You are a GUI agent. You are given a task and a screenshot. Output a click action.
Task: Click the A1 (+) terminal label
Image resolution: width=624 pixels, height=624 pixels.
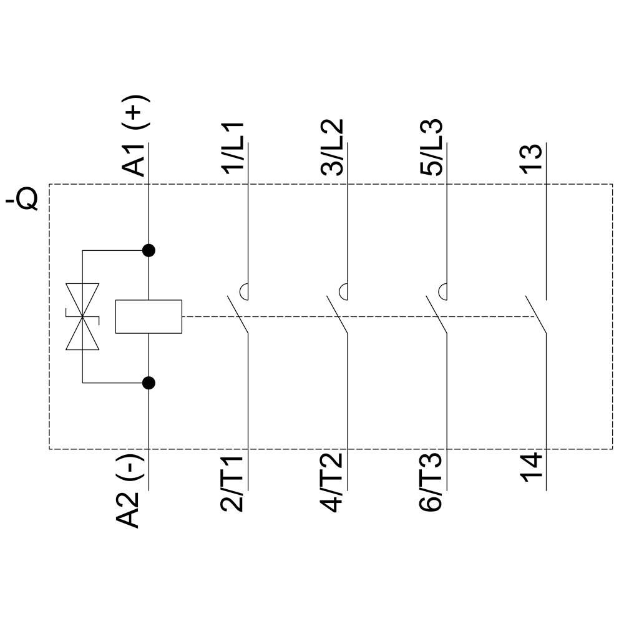(135, 136)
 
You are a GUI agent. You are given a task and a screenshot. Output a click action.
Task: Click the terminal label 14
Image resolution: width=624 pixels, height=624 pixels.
(531, 474)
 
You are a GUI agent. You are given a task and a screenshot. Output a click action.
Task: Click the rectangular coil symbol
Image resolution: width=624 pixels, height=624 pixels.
(149, 316)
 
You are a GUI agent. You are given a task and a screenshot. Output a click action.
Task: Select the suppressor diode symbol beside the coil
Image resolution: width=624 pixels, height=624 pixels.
(83, 316)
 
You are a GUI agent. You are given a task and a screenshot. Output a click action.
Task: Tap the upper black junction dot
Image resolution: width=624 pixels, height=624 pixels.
(149, 250)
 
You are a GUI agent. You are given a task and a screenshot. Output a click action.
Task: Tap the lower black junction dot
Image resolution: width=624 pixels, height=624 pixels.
(149, 383)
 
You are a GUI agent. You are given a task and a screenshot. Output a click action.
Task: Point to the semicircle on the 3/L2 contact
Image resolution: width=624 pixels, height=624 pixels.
(343, 291)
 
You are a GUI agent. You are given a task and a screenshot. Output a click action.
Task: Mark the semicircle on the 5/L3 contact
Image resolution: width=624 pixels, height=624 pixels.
(442, 291)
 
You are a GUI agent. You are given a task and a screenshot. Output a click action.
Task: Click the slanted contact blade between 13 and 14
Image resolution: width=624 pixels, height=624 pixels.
(536, 316)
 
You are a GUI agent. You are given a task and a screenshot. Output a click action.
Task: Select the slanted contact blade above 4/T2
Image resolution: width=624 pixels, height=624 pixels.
(337, 316)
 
